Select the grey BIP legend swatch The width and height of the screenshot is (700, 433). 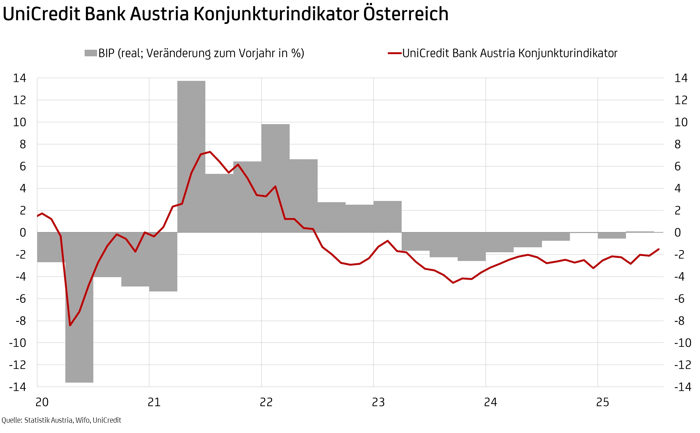pyautogui.click(x=91, y=53)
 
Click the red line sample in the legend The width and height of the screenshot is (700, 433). pyautogui.click(x=394, y=53)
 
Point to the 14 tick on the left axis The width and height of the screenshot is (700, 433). pyautogui.click(x=19, y=78)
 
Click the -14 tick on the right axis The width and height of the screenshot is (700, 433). pyautogui.click(x=683, y=387)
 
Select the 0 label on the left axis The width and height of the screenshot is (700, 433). pyautogui.click(x=23, y=233)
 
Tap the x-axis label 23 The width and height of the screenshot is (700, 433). pyautogui.click(x=378, y=403)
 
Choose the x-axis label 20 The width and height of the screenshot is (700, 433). pyautogui.click(x=42, y=403)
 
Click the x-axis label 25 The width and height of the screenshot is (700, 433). pyautogui.click(x=603, y=403)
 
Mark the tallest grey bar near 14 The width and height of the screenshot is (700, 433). pyautogui.click(x=191, y=156)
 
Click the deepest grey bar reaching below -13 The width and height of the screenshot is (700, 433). pyautogui.click(x=79, y=311)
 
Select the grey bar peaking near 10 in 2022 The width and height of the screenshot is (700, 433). pyautogui.click(x=275, y=177)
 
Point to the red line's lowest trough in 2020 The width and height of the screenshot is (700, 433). pyautogui.click(x=70, y=325)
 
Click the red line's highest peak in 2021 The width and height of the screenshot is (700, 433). pyautogui.click(x=210, y=152)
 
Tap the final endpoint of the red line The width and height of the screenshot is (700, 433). pyautogui.click(x=659, y=249)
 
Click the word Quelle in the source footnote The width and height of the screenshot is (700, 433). pyautogui.click(x=12, y=421)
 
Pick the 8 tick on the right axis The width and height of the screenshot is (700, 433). pyautogui.click(x=677, y=144)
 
